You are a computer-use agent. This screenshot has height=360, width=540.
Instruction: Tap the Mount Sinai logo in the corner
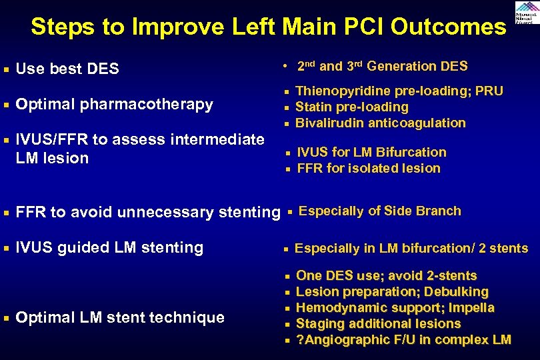[x=526, y=13]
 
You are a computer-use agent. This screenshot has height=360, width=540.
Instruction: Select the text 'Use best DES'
[x=67, y=69]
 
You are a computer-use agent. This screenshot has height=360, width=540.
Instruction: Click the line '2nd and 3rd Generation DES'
[x=382, y=66]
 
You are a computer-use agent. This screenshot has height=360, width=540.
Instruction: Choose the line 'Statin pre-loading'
[x=351, y=107]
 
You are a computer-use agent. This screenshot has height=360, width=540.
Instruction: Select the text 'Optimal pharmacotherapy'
[x=114, y=105]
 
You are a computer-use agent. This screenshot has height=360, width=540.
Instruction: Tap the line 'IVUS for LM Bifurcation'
[x=371, y=152]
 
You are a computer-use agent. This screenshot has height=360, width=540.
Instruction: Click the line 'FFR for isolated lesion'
[x=368, y=168]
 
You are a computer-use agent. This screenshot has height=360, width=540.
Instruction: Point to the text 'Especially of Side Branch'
[x=380, y=211]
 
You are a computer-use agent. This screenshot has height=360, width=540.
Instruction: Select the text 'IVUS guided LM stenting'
[x=109, y=247]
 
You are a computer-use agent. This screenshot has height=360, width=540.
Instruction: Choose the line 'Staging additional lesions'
[x=378, y=323]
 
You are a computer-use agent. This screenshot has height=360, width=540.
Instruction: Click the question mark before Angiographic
[x=299, y=340]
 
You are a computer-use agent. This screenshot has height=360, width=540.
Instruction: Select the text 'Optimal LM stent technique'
[x=119, y=317]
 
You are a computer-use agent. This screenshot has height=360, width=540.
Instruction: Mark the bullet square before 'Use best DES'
[x=6, y=69]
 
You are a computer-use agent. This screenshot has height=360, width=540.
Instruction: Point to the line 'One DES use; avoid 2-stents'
[x=386, y=275]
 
